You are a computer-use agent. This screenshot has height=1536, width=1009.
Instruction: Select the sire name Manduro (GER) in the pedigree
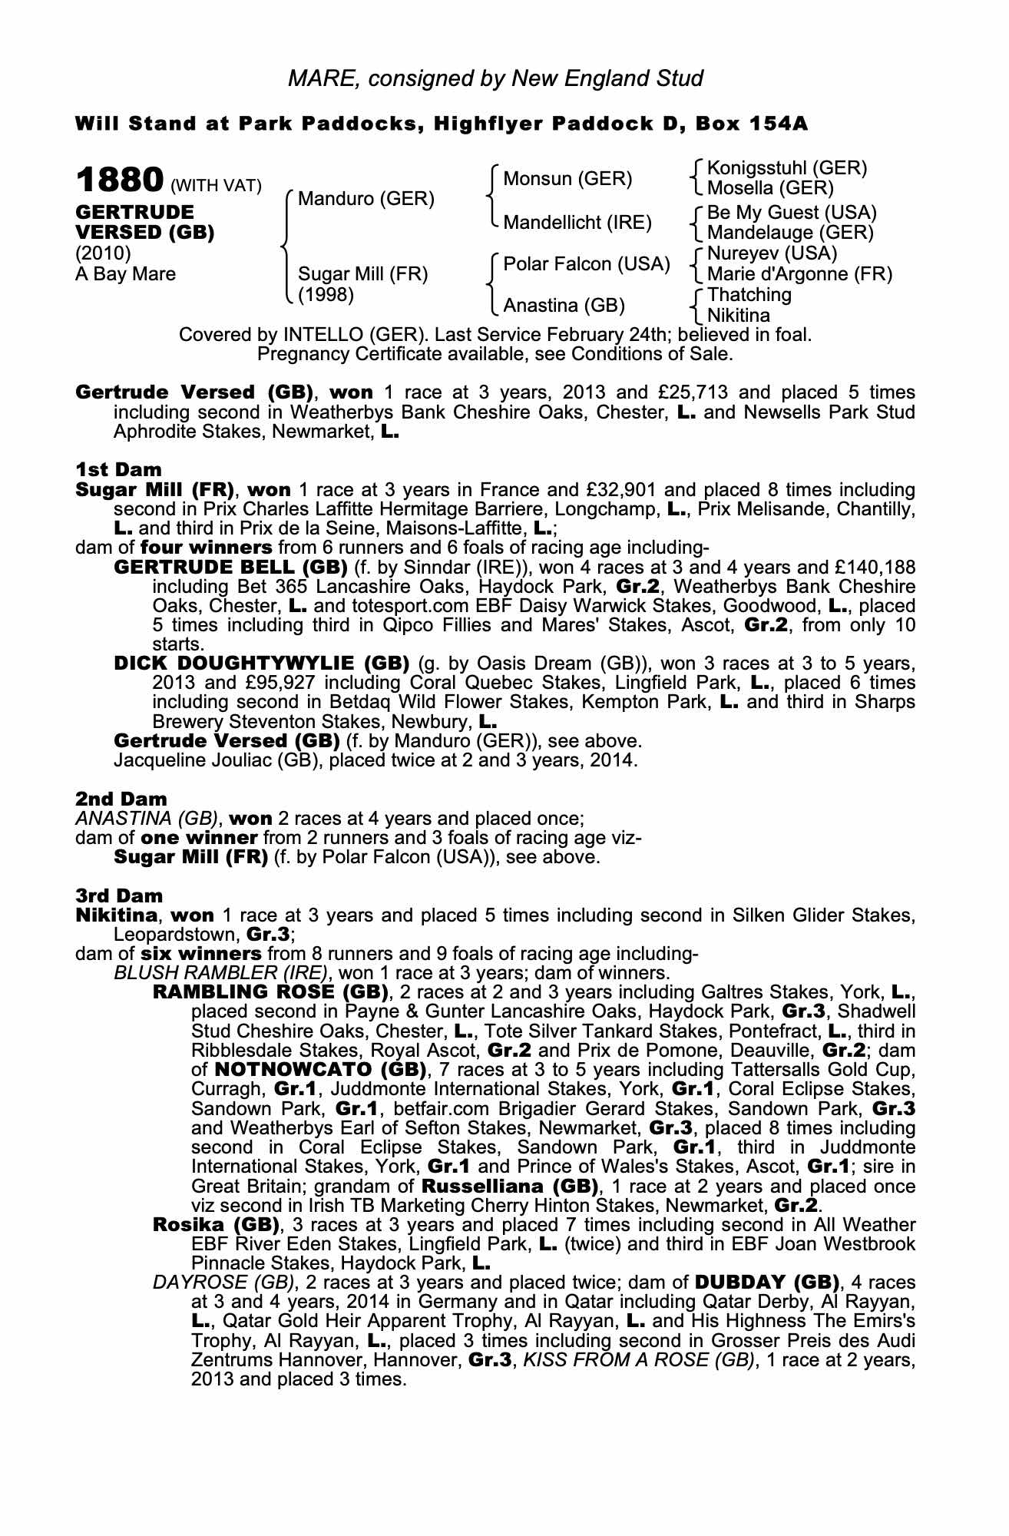[x=366, y=200]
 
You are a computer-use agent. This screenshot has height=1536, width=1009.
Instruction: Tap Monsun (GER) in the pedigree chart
[x=567, y=180]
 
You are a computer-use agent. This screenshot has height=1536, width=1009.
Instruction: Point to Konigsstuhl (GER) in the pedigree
[x=786, y=169]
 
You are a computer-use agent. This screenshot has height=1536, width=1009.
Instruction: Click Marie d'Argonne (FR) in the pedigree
[x=799, y=274]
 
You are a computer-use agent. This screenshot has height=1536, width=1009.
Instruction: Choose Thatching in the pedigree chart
[x=749, y=295]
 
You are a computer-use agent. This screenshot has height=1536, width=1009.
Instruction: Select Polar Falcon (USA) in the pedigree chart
[x=586, y=264]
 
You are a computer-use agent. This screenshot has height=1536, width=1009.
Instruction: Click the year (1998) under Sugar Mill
[x=326, y=295]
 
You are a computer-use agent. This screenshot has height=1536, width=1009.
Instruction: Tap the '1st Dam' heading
[x=118, y=469]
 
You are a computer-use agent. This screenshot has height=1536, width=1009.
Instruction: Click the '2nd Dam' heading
[x=121, y=799]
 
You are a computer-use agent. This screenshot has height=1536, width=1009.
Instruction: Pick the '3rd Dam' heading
[x=119, y=895]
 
